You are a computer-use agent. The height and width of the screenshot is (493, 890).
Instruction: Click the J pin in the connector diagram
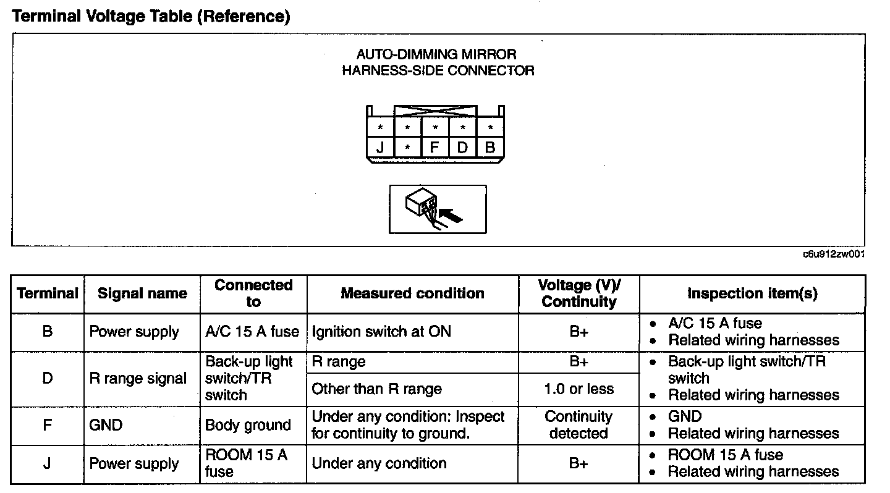(380, 148)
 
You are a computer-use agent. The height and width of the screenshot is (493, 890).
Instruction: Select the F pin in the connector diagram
(435, 148)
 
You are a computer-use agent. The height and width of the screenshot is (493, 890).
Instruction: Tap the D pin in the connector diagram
(462, 148)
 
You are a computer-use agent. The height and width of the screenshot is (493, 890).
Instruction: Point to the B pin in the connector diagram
(490, 148)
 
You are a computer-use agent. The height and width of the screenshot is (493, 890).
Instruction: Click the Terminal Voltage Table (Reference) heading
(151, 17)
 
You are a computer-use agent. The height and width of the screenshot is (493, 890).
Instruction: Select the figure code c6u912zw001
(833, 254)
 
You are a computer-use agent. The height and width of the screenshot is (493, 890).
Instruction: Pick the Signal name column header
(142, 293)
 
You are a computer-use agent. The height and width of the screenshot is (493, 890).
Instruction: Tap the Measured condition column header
(412, 293)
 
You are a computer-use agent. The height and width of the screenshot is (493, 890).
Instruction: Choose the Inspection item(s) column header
(752, 293)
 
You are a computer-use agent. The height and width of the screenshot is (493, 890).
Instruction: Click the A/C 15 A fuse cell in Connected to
(252, 332)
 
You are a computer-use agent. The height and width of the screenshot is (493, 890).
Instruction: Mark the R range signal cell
(138, 379)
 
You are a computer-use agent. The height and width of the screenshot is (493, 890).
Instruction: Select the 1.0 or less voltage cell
(578, 389)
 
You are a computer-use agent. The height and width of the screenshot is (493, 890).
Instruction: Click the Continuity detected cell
(578, 425)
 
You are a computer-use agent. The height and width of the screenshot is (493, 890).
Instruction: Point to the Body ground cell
(248, 425)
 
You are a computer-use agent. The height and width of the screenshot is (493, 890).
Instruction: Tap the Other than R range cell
(377, 389)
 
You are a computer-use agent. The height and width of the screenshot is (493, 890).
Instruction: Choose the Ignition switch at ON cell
(381, 332)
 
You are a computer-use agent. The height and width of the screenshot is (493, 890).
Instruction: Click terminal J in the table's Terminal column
(47, 463)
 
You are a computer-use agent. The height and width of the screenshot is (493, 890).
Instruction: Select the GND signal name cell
(106, 425)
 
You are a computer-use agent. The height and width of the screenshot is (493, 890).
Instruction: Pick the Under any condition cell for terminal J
(379, 463)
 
